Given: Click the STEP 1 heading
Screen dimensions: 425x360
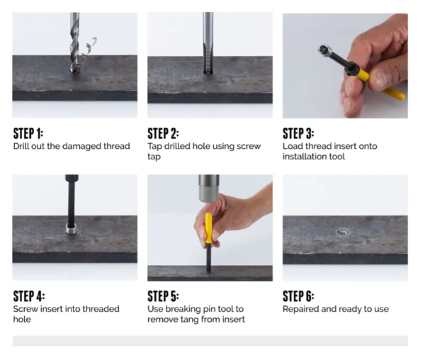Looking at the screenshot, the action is pyautogui.click(x=28, y=133).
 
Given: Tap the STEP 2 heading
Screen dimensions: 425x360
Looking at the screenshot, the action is pyautogui.click(x=163, y=133).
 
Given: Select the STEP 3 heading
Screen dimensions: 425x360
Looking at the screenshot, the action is pyautogui.click(x=298, y=133).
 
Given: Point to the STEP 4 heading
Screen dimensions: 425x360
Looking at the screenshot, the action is pyautogui.click(x=29, y=296).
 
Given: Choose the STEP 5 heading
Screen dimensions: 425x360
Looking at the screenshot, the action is pyautogui.click(x=163, y=296).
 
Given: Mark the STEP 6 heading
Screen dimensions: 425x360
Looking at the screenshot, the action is pyautogui.click(x=298, y=296).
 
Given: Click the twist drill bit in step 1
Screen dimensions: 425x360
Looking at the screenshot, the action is pyautogui.click(x=74, y=43).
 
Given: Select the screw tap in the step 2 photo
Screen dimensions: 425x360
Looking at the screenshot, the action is pyautogui.click(x=208, y=43).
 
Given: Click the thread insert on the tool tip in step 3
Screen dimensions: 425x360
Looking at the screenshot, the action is pyautogui.click(x=324, y=50).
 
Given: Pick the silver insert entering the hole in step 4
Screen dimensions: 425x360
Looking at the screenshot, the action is pyautogui.click(x=72, y=229).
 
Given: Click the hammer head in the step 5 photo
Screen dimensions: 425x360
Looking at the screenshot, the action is pyautogui.click(x=209, y=188).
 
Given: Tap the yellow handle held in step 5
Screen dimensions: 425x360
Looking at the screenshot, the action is pyautogui.click(x=208, y=228).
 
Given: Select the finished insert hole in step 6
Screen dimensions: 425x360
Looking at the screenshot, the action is pyautogui.click(x=343, y=232).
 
